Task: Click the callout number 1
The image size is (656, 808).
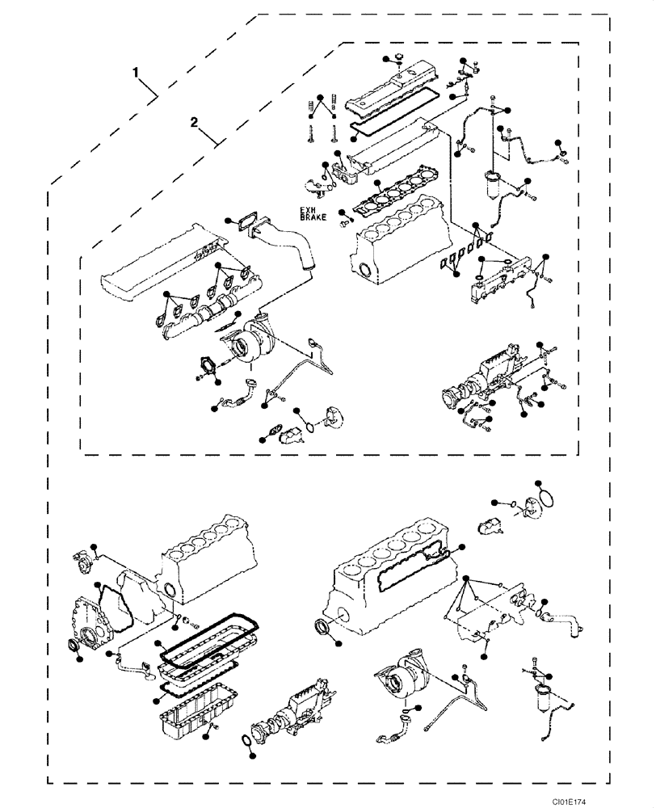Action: point(138,72)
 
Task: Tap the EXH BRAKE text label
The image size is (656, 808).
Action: point(312,214)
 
